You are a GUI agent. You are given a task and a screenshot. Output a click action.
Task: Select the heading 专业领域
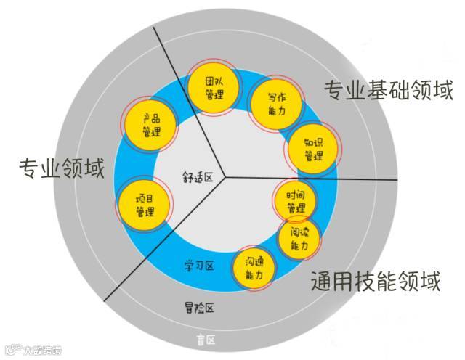click(62, 168)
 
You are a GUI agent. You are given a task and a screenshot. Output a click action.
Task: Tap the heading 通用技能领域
click(375, 281)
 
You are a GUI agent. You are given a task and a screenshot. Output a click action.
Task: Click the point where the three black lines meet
click(225, 176)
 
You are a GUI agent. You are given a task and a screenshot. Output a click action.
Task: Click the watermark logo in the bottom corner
click(32, 351)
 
